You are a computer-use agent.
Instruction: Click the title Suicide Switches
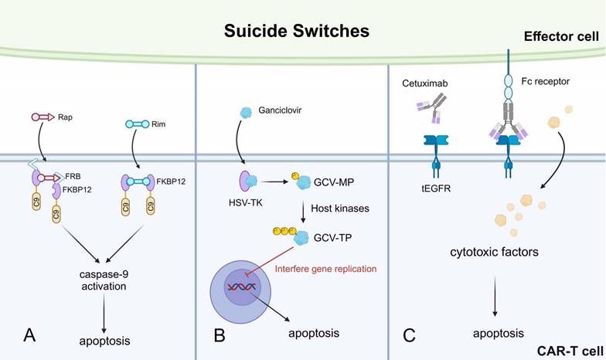pyautogui.click(x=297, y=32)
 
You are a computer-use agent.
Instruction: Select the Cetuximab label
pyautogui.click(x=425, y=82)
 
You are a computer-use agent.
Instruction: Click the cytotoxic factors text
pyautogui.click(x=494, y=253)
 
